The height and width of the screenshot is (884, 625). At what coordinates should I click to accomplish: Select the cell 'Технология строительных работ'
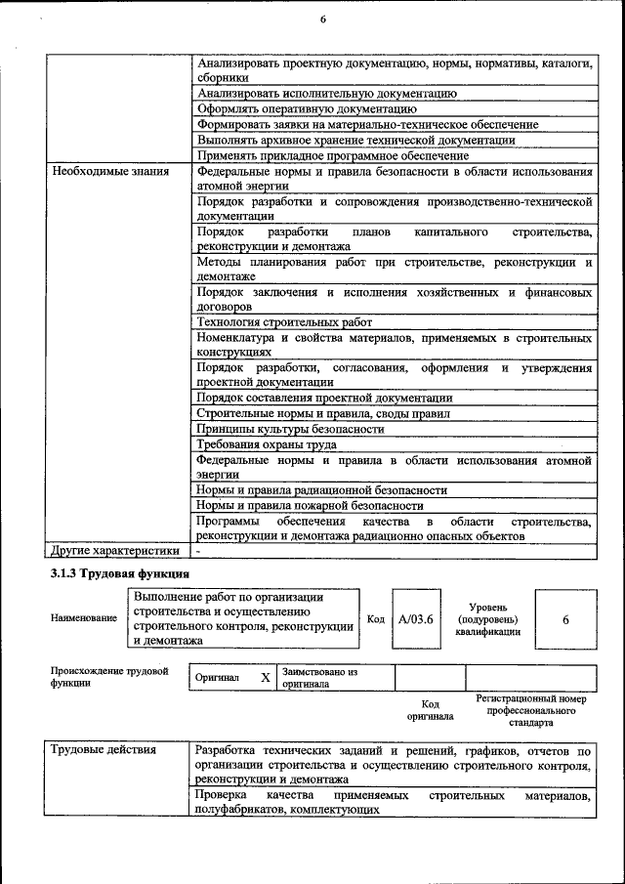(284, 322)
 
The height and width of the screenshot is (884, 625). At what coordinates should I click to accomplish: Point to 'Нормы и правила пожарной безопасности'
(310, 505)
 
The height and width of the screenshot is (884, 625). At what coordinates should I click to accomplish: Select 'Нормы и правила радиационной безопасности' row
(321, 489)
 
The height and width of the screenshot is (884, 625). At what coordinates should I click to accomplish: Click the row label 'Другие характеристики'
(116, 550)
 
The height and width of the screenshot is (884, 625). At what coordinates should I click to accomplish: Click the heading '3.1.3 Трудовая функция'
(120, 572)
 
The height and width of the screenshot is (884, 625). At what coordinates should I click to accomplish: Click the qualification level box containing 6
(565, 619)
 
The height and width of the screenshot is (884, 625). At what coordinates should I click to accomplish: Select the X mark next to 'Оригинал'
(265, 677)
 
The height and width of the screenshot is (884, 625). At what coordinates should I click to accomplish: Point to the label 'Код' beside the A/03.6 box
(376, 619)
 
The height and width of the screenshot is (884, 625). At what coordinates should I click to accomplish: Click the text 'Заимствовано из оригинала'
(320, 678)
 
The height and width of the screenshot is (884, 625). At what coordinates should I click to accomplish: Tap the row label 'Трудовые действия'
(103, 751)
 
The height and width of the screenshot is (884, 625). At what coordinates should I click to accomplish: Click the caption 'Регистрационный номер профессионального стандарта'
(530, 711)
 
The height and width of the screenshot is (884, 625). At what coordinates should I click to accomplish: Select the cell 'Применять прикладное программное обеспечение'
(333, 155)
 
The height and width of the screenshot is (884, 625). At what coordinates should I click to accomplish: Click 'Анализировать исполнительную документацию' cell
(326, 94)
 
